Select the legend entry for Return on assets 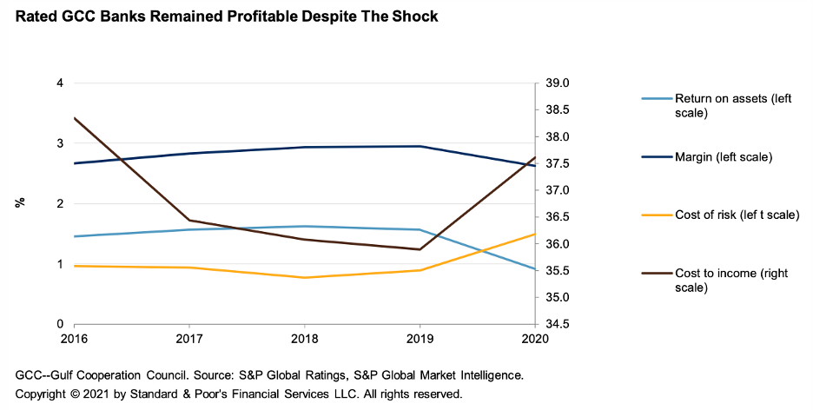tap(721, 105)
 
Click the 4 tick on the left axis tap(60, 83)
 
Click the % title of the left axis tap(19, 203)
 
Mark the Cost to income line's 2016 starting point tap(75, 118)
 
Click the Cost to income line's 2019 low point tap(420, 249)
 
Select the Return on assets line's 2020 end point tap(535, 269)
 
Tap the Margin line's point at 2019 tap(420, 146)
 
